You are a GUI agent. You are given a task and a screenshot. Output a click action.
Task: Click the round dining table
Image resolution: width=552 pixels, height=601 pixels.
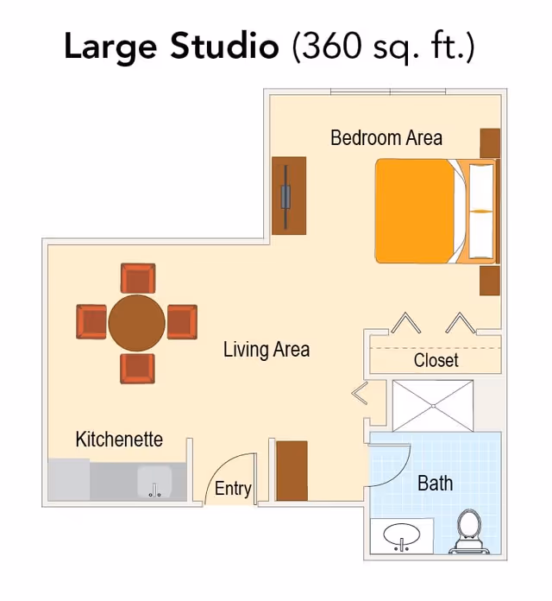tap(136, 323)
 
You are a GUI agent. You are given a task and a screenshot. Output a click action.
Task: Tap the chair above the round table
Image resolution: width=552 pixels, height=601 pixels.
tap(138, 278)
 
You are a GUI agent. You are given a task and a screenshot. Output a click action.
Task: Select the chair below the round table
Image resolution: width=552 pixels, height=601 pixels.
tap(137, 369)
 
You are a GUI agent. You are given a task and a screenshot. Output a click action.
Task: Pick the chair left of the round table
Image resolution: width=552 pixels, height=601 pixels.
tap(91, 321)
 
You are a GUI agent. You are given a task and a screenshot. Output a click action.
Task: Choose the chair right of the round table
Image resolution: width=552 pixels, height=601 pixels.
tap(182, 322)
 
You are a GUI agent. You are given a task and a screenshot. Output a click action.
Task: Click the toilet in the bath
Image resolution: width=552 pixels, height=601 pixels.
tap(469, 531)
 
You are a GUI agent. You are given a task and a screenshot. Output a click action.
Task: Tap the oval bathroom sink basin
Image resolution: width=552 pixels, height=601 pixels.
tap(402, 534)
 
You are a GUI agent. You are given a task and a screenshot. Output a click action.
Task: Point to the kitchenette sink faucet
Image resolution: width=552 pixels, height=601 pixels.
tap(154, 490)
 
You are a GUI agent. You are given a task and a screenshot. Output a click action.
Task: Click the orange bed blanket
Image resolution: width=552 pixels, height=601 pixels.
tap(416, 212)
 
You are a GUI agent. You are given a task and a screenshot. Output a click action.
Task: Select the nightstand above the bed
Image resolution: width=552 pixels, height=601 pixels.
tap(491, 143)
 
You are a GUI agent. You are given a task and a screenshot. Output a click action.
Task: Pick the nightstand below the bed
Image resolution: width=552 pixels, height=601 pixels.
tap(490, 281)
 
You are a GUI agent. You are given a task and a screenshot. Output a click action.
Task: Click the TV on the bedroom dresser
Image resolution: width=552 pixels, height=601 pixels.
tap(285, 197)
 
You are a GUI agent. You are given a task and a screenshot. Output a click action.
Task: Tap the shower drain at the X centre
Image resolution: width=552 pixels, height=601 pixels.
tap(433, 406)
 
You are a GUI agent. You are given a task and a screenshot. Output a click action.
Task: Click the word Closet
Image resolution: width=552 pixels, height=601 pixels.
tap(436, 360)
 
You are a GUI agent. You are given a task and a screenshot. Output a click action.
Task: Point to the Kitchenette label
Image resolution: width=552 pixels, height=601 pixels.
tap(119, 440)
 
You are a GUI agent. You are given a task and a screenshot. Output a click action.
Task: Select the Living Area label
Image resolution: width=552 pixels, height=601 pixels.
tap(267, 350)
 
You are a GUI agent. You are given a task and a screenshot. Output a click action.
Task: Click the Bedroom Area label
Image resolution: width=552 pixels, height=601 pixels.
tap(386, 138)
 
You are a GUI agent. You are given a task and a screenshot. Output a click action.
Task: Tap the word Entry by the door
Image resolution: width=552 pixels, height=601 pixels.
tap(233, 489)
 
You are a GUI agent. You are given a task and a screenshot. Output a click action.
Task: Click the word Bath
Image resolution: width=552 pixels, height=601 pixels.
tap(436, 483)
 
